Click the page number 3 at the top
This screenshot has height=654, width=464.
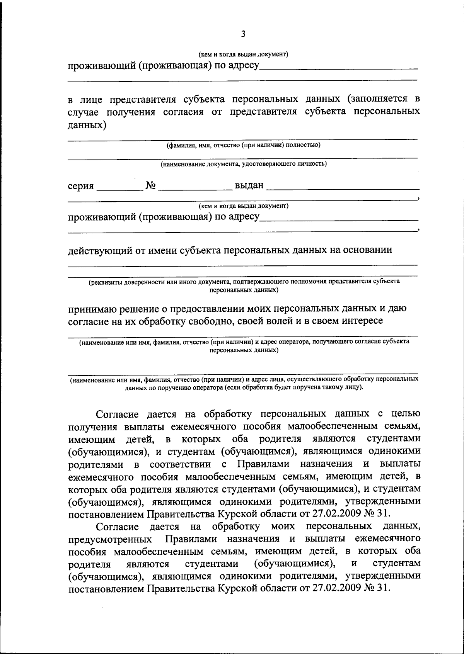(x=243, y=34)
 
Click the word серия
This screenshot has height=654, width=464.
(x=81, y=186)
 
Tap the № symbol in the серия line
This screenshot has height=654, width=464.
(x=151, y=186)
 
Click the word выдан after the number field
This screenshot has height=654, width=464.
(x=249, y=185)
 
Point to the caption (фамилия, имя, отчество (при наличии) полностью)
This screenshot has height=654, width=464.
(x=243, y=145)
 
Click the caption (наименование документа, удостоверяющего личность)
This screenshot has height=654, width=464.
(x=244, y=164)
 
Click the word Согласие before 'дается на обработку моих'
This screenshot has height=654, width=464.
(x=117, y=527)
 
